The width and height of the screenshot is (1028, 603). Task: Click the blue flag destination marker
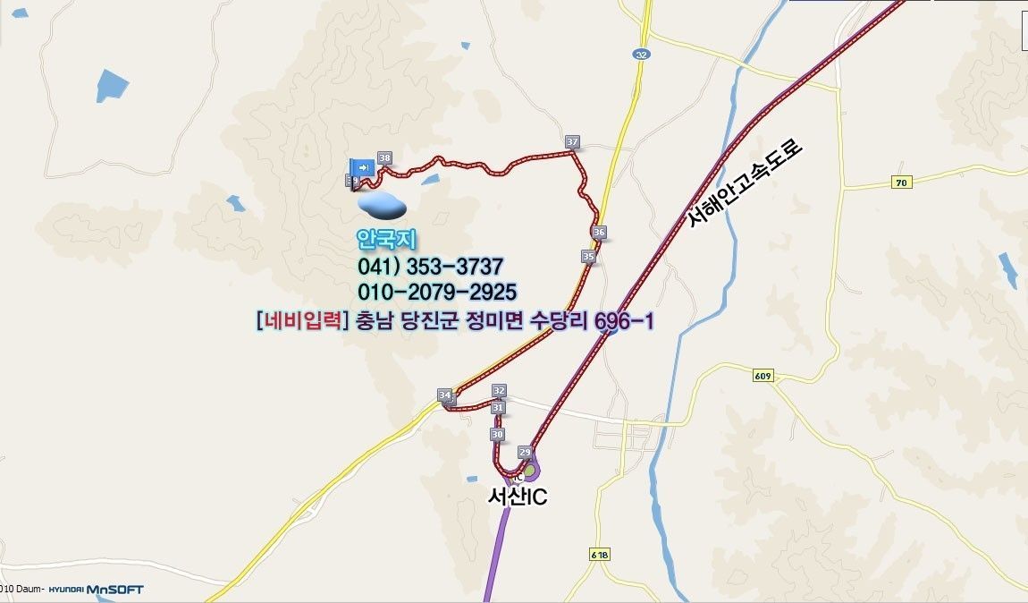click(362, 167)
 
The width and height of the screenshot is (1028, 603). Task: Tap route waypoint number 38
click(385, 158)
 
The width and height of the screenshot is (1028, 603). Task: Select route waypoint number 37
click(573, 142)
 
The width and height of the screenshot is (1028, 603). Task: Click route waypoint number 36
click(599, 233)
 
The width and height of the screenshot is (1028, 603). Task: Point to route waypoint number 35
click(588, 257)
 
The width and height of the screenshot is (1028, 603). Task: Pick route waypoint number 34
click(445, 395)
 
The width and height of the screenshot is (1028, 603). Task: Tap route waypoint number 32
click(499, 391)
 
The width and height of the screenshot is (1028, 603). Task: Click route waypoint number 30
click(498, 434)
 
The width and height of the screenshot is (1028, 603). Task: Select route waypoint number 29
click(525, 452)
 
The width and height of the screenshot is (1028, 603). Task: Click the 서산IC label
click(517, 497)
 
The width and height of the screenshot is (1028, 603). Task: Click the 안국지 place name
click(387, 240)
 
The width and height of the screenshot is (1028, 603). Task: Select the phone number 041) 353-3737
click(430, 267)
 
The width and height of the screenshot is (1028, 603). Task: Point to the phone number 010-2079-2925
click(437, 293)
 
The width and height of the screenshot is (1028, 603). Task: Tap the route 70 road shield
click(902, 183)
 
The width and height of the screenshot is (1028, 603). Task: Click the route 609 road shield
click(763, 377)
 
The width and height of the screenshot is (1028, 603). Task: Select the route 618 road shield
click(599, 555)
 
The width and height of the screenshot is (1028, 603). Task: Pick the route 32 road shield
click(641, 55)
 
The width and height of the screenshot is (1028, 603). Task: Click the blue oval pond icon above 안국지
click(383, 206)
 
